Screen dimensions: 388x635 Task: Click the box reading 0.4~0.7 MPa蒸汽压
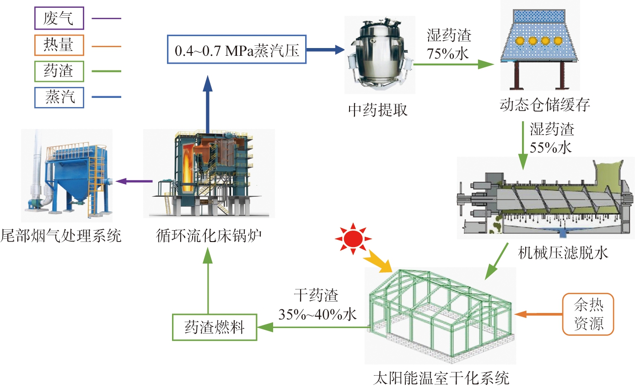coord(236,50)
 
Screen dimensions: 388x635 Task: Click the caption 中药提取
coord(377,110)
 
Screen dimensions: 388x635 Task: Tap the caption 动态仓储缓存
coord(545,106)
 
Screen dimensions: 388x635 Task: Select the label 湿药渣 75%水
coord(448,44)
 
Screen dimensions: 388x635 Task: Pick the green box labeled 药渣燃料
coord(214,328)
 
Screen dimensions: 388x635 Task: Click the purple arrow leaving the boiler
coord(134,182)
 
